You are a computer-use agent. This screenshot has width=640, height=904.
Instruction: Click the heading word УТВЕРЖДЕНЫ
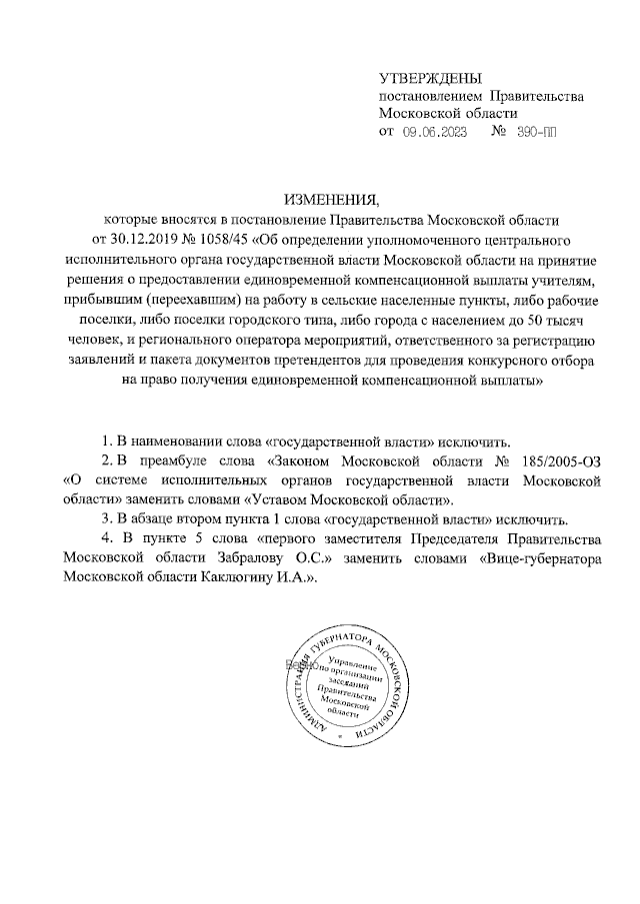pos(430,78)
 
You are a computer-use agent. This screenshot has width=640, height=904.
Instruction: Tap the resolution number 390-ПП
pos(538,132)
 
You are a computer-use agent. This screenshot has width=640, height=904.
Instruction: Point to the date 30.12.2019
pos(154,241)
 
